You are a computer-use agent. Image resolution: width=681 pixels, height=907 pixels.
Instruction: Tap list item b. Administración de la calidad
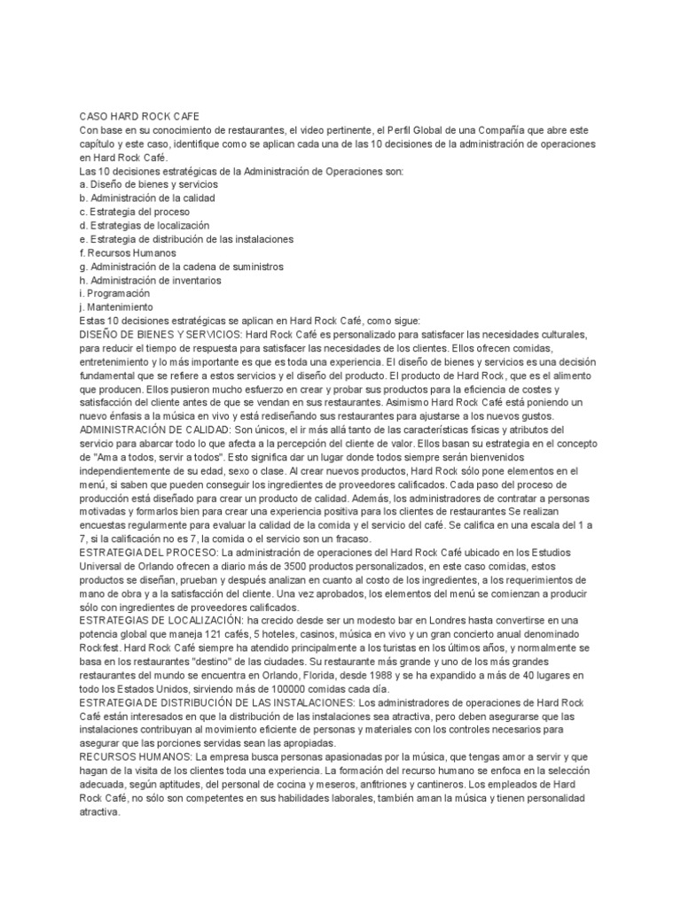[147, 198]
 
